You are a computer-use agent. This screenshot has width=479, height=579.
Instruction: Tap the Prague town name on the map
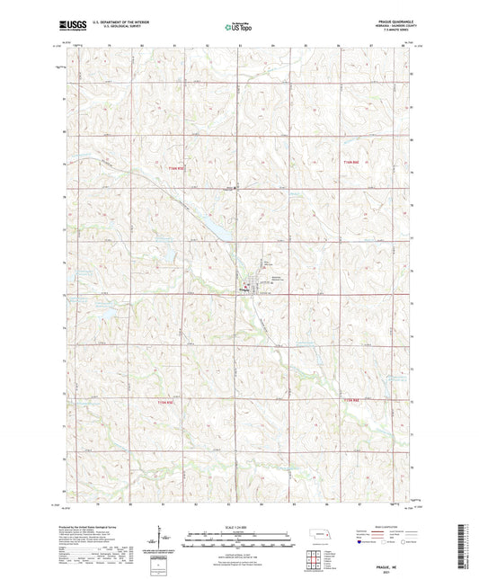click(245, 290)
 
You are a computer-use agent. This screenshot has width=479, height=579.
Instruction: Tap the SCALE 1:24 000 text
click(238, 526)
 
